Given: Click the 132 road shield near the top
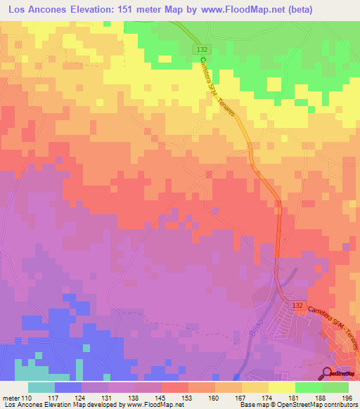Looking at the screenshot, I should click(202, 48).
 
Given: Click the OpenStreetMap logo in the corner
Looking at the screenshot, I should click(340, 374).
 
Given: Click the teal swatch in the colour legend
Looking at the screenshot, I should click(41, 387).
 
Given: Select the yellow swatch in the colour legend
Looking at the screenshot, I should click(281, 387).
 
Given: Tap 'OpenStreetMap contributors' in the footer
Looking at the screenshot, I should click(321, 404).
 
